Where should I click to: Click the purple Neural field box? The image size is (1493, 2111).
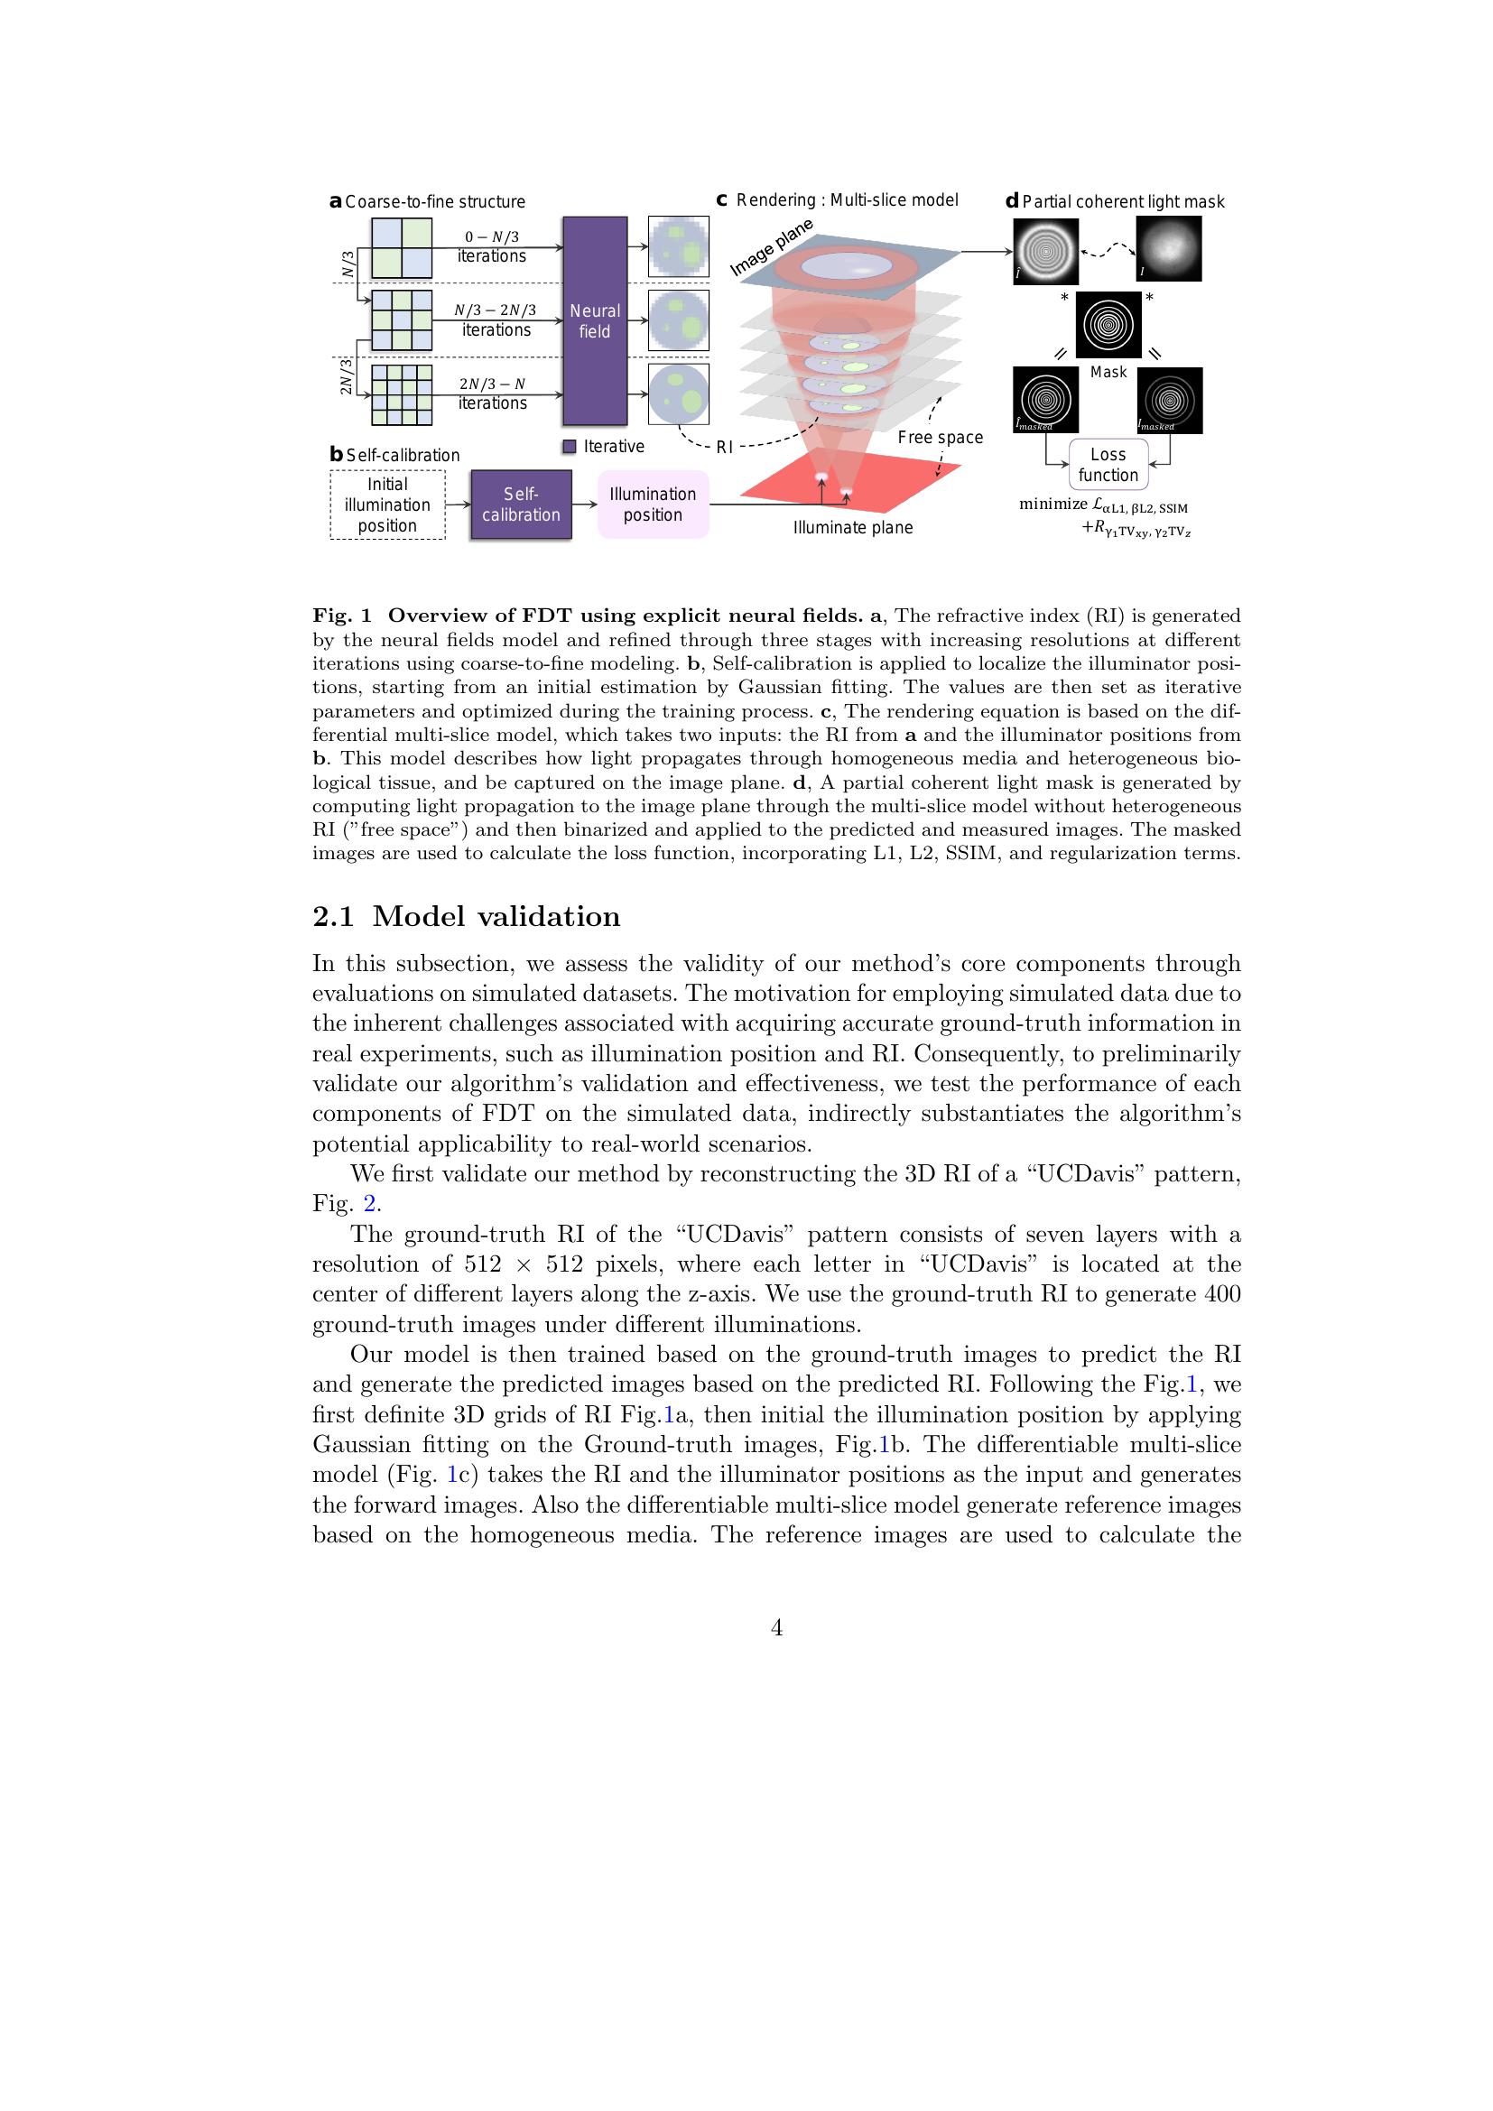point(595,321)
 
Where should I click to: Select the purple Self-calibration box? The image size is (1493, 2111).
point(520,505)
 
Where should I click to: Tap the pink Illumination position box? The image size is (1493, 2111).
point(653,505)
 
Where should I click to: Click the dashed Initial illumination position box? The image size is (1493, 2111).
point(387,505)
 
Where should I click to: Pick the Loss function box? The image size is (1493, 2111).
point(1108,465)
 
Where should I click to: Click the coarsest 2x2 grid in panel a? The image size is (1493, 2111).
point(401,248)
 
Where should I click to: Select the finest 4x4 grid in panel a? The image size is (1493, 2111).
point(401,395)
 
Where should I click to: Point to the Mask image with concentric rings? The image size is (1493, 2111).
point(1108,325)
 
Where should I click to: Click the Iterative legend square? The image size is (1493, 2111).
point(569,447)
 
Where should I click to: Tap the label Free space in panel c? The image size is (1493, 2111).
point(940,438)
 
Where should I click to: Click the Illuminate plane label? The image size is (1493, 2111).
point(852,528)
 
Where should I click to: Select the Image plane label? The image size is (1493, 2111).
point(771,247)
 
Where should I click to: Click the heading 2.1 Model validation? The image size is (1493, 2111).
point(466,917)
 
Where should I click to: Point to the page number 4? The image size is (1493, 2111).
point(777,1628)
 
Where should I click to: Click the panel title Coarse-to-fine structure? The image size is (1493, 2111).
point(435,202)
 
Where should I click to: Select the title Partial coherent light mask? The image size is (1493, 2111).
point(1123,202)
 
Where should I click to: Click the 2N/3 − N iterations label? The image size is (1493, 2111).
point(493,393)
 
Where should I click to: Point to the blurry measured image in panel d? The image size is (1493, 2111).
point(1168,248)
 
